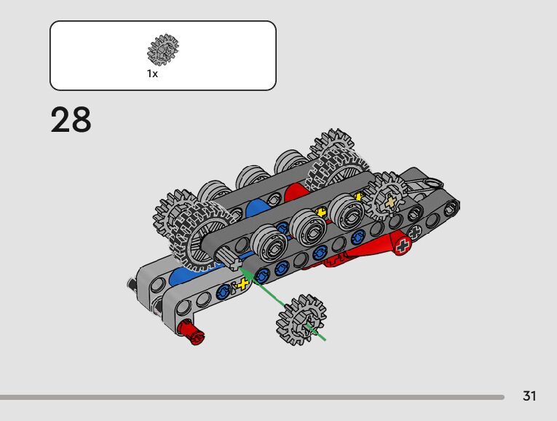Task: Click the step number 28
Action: tap(71, 119)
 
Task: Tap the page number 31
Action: tap(529, 396)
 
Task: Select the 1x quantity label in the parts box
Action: tap(152, 74)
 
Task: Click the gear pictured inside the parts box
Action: tap(163, 50)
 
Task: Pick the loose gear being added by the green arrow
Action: tap(301, 320)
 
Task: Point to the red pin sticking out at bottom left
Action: tap(191, 331)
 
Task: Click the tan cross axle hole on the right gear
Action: tap(391, 202)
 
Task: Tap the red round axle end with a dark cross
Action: tap(403, 245)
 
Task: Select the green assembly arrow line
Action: tap(283, 304)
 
